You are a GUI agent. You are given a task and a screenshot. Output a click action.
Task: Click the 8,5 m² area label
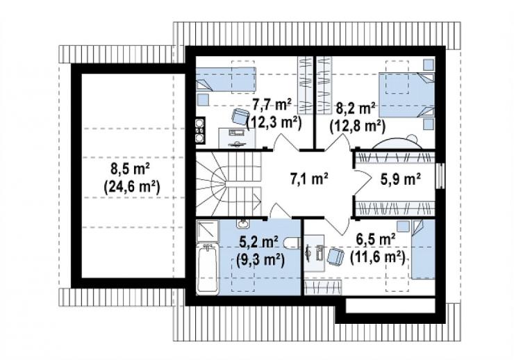[x=131, y=170]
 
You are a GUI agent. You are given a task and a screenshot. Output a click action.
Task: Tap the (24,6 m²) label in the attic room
[x=132, y=187]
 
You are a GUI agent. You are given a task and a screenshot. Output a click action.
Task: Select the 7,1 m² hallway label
[x=310, y=179]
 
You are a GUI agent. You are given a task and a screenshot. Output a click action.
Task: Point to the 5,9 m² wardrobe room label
[x=401, y=179]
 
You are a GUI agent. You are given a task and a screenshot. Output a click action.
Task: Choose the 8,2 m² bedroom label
[x=356, y=108]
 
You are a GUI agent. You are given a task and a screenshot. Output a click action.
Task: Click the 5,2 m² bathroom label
[x=259, y=243]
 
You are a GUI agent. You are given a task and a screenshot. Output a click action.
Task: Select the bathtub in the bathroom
[x=208, y=269]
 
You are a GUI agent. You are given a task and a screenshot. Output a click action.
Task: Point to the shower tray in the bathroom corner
[x=208, y=231]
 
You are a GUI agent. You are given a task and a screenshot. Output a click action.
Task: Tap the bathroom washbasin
[x=242, y=224]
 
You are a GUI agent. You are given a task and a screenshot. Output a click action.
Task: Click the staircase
[x=229, y=183]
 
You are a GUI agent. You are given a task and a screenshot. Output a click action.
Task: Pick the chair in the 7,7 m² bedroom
[x=240, y=116]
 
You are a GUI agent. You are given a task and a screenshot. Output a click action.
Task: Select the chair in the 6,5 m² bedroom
[x=335, y=256]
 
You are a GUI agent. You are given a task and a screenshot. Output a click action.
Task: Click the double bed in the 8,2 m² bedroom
[x=406, y=95]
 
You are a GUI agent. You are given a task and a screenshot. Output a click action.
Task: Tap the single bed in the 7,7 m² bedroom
[x=226, y=79]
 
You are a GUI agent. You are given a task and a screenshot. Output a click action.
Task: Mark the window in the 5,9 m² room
[x=440, y=176]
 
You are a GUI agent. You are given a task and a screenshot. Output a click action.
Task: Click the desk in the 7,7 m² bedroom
[x=237, y=138]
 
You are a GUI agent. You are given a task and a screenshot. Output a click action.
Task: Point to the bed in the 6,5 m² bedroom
[x=423, y=249]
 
